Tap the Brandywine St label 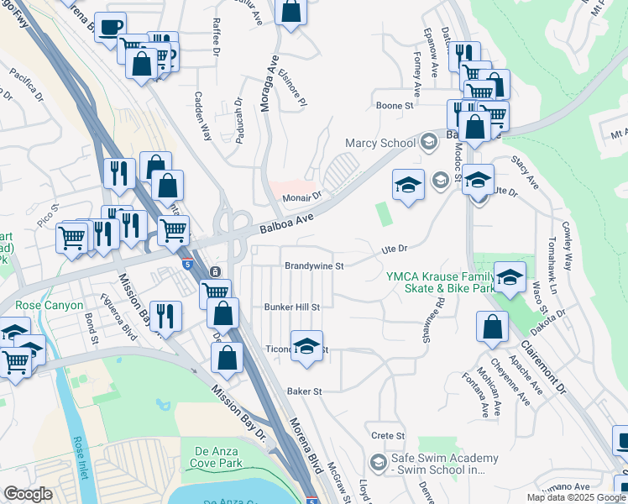coord(315,265)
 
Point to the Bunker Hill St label coord(292,307)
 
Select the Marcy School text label coord(386,143)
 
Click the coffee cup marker coord(110,27)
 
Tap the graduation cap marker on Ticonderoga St coord(307,346)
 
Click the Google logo coord(29,494)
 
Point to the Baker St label coord(305,391)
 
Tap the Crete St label coord(388,436)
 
